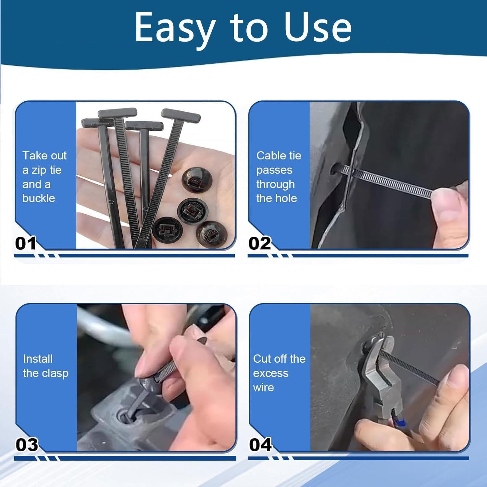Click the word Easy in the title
[x=175, y=28]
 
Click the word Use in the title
[x=318, y=28]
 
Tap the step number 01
[x=26, y=243]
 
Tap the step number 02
[x=259, y=243]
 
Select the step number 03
[x=27, y=445]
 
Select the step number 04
[x=260, y=445]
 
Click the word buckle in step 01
[x=39, y=198]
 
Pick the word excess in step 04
[x=270, y=373]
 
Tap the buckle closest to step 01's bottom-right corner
[x=211, y=234]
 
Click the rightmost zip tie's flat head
[x=181, y=115]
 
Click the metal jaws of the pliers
[x=377, y=367]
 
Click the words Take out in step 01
[x=44, y=156]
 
